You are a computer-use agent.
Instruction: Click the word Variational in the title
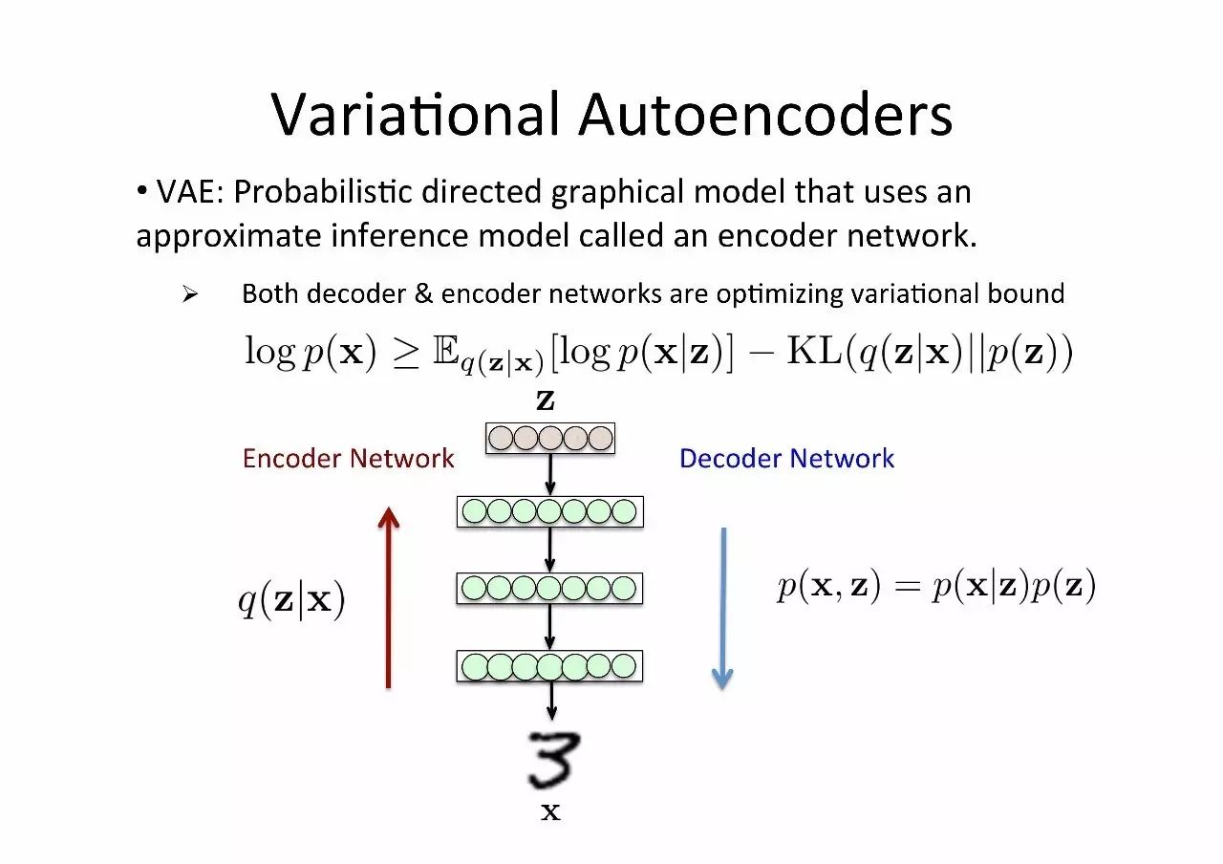pos(415,115)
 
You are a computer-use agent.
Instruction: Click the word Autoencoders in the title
pos(765,115)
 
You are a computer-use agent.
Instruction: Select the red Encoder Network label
pos(348,459)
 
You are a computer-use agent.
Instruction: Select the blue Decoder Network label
pos(786,459)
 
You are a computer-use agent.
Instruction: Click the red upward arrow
pos(388,597)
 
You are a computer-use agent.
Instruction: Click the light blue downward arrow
pos(722,608)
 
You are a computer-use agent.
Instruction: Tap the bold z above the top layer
pos(546,400)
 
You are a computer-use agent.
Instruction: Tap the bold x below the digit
pos(550,813)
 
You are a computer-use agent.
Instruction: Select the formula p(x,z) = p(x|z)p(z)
pos(935,586)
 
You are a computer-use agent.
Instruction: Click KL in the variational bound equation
pos(808,353)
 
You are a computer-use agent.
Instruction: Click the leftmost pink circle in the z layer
pos(501,439)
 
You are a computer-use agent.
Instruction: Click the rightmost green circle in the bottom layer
pos(623,665)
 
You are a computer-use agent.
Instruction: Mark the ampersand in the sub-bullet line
pos(423,293)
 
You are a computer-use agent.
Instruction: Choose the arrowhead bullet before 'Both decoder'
pos(188,294)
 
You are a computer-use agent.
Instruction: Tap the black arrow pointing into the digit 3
pos(550,703)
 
